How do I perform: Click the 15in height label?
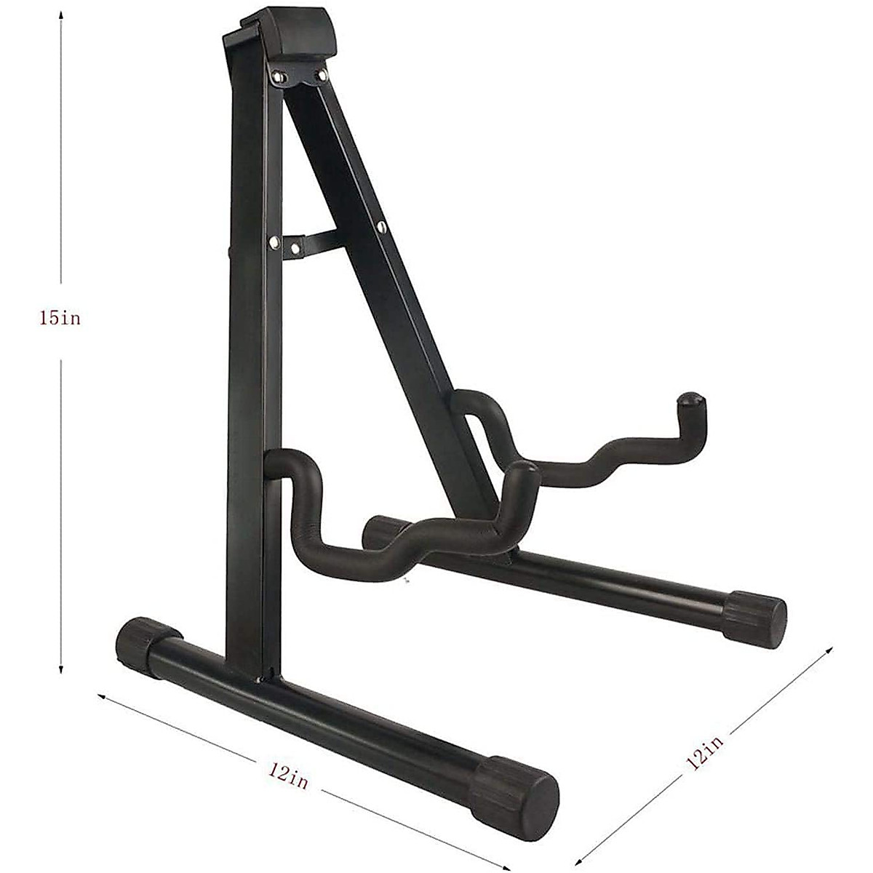click(x=61, y=319)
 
